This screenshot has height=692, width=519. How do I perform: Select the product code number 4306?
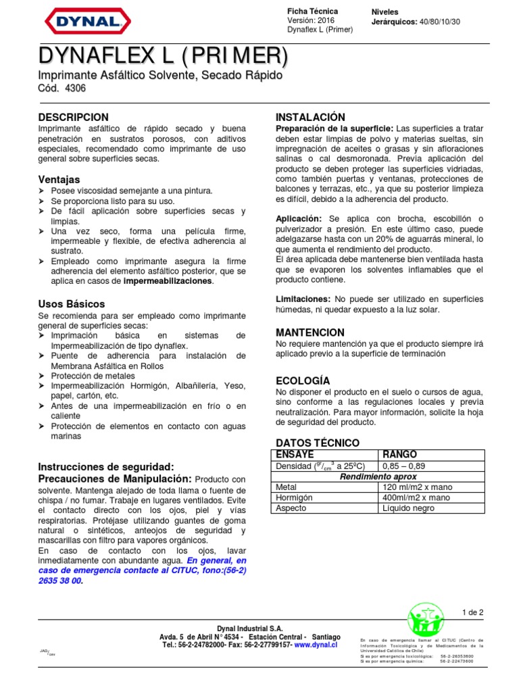pos(75,89)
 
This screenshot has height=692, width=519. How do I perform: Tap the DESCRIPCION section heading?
pos(74,118)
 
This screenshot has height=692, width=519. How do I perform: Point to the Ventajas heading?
pos(59,180)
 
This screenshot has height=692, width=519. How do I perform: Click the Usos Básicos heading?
pos(72,304)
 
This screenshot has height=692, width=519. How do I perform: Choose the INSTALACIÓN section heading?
pos(311,118)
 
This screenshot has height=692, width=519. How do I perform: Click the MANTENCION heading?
pos(310,332)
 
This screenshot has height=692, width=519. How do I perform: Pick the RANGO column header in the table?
pos(400,454)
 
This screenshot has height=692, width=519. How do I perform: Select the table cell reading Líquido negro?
pos(408,508)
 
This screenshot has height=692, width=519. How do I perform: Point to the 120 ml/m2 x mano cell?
pos(417,487)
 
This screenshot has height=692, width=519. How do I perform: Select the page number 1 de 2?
pos(472,613)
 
